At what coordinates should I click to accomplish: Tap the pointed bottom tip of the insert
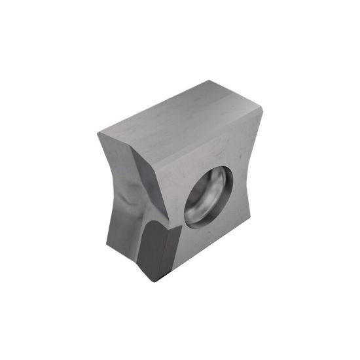[x=156, y=280]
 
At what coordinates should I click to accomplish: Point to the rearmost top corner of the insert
[x=209, y=81]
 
